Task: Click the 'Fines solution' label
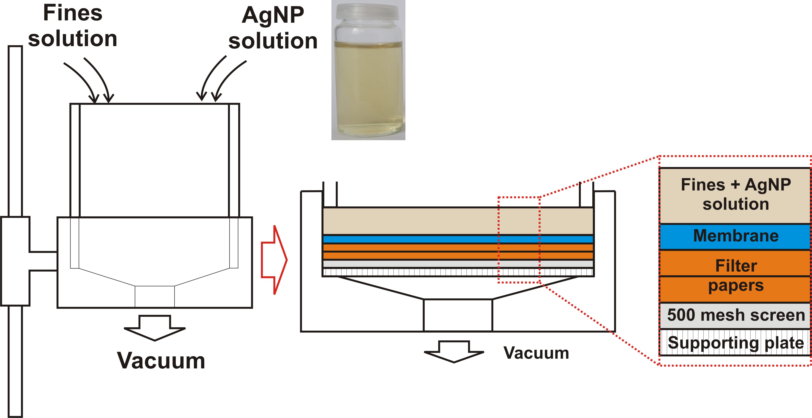73,26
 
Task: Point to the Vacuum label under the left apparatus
161,361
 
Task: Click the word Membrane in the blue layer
736,236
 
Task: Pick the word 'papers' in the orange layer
736,286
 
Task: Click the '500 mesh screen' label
736,315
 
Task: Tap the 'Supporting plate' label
736,343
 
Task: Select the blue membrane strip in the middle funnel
410,239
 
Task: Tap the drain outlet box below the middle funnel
458,315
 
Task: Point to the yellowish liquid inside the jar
368,88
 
